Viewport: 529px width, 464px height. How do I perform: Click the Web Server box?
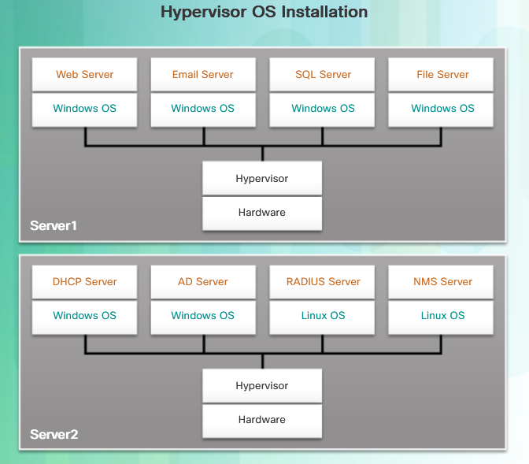[x=84, y=74]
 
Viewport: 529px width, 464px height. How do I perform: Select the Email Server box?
[x=203, y=74]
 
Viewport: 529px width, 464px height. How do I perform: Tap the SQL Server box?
[x=322, y=74]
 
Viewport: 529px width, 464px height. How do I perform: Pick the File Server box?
[x=441, y=74]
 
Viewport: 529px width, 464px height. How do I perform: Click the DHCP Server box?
[x=84, y=282]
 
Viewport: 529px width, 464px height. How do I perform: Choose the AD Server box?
[x=203, y=282]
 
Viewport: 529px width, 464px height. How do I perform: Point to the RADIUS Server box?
[x=322, y=282]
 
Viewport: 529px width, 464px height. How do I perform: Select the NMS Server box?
[x=441, y=282]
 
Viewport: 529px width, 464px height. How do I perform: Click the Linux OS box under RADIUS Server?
[x=322, y=317]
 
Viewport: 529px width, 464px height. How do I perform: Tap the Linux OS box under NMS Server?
[x=441, y=317]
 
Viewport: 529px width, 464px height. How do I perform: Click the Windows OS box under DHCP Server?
[x=84, y=317]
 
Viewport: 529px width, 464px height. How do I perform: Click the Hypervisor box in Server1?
[x=262, y=178]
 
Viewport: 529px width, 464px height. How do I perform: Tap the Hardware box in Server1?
[x=262, y=213]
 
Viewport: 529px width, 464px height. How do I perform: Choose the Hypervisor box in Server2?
[x=262, y=386]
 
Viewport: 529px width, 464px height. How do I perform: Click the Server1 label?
[x=54, y=225]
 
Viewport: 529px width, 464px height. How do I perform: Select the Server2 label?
[x=54, y=434]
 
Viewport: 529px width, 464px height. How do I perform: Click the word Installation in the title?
[x=324, y=12]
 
